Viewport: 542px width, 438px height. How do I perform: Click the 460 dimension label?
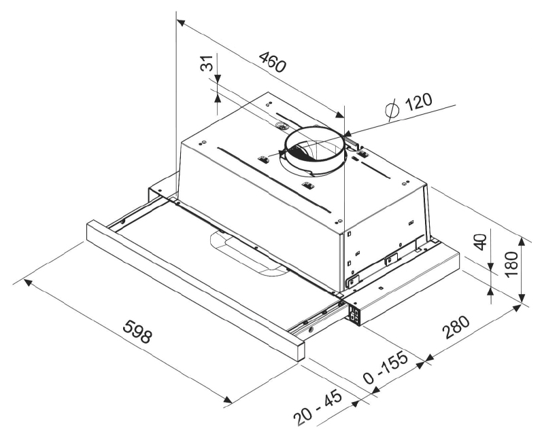click(273, 62)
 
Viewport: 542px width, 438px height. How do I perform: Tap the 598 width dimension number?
click(137, 331)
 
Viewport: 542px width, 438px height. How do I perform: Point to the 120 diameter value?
click(418, 102)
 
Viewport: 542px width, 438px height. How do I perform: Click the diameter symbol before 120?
click(392, 109)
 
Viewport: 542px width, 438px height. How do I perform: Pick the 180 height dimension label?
click(511, 264)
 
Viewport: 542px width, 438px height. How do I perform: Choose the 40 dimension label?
click(481, 242)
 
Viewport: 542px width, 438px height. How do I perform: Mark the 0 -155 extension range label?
click(386, 367)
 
